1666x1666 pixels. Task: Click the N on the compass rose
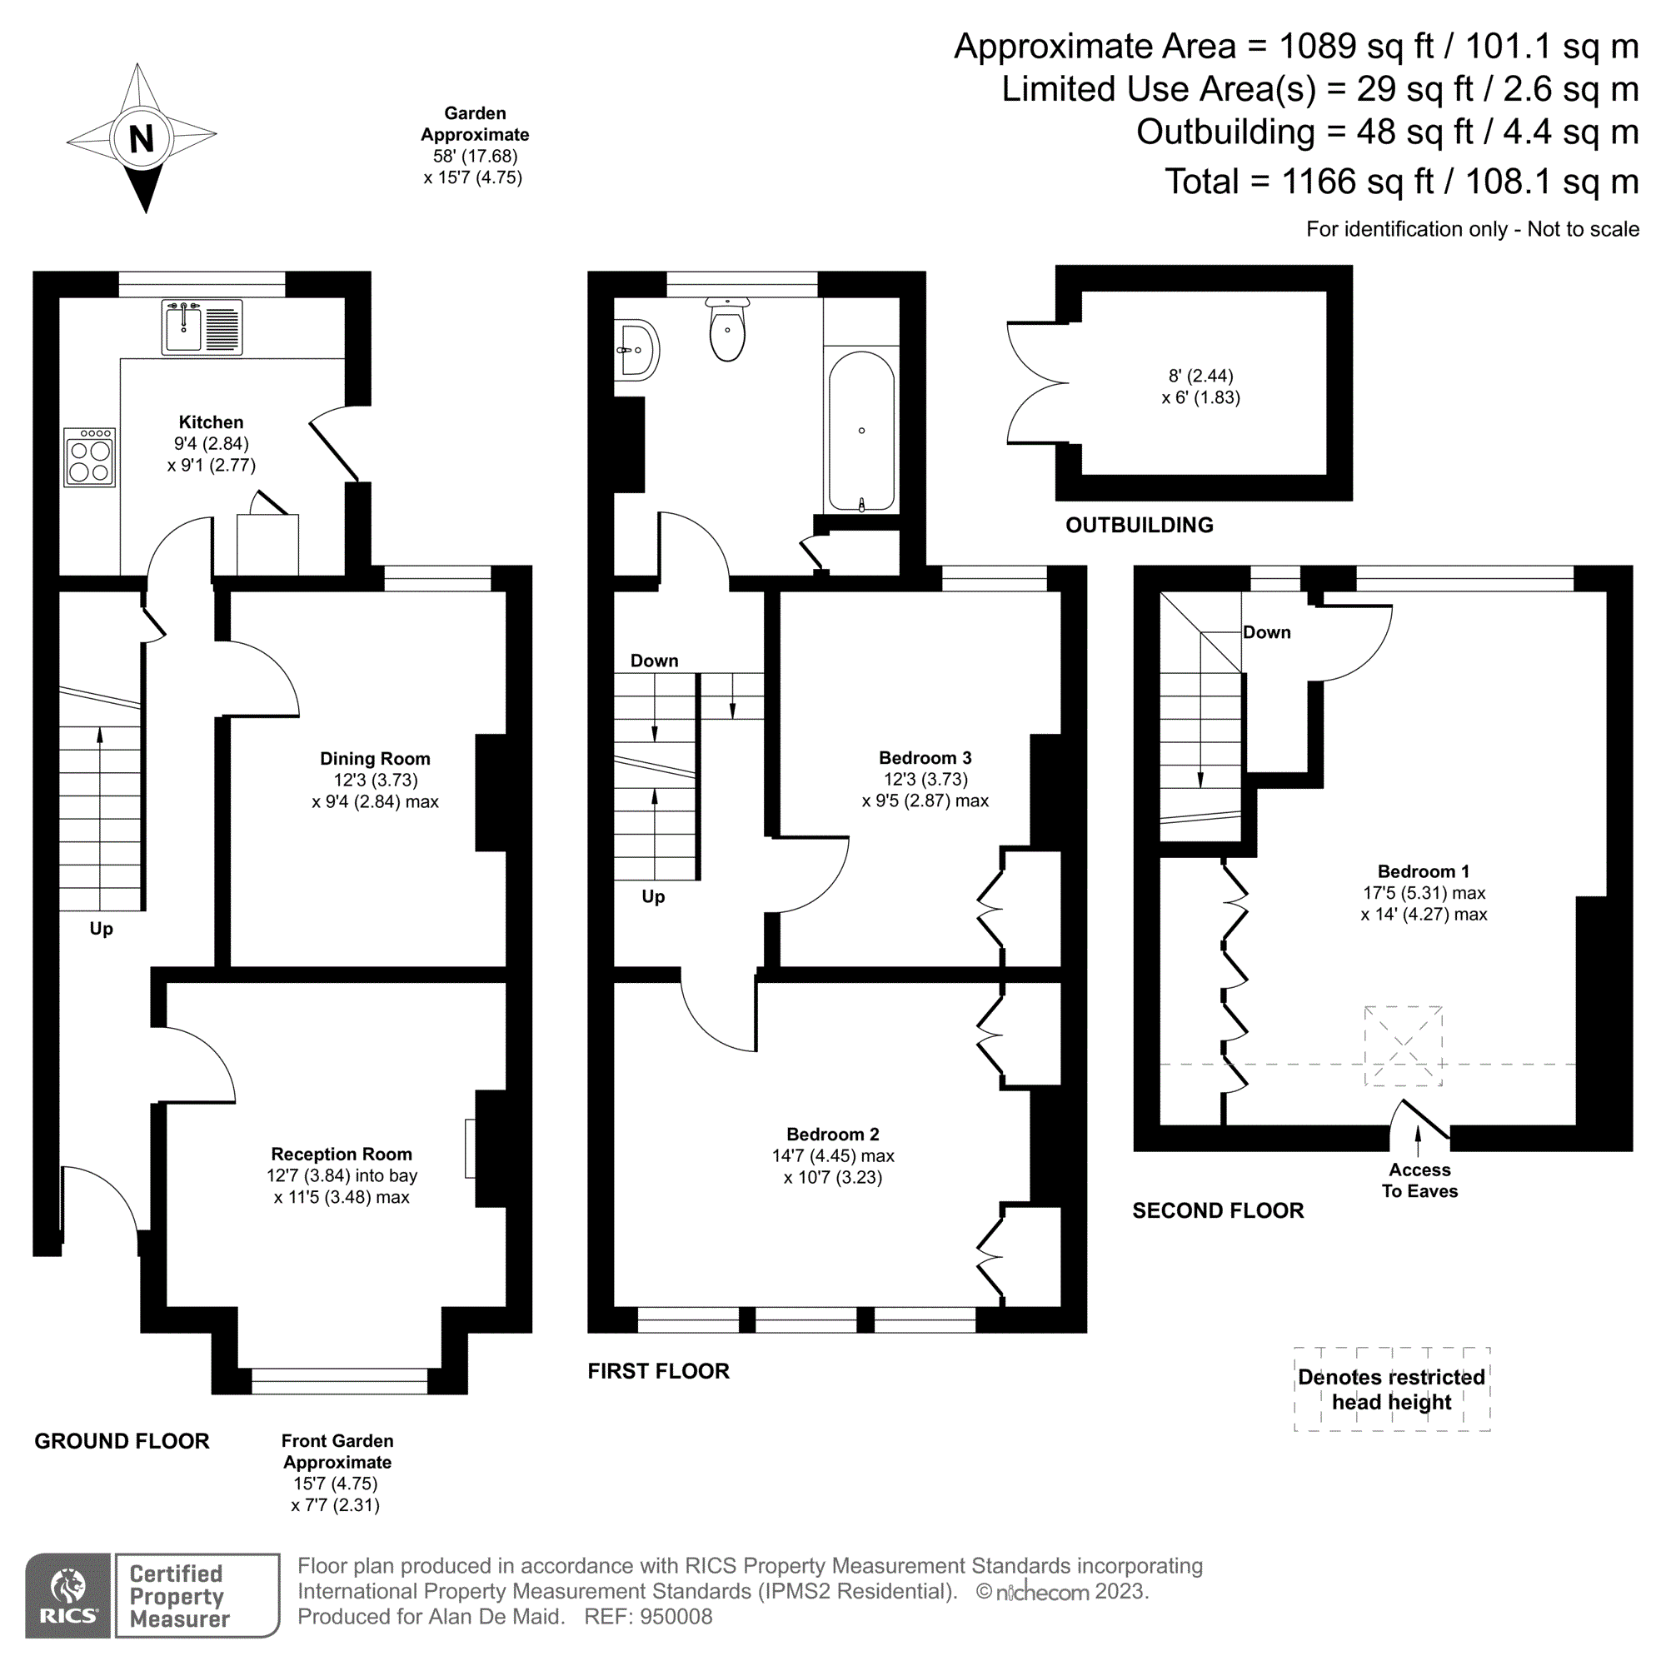coord(141,138)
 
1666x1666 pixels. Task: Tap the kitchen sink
coord(202,327)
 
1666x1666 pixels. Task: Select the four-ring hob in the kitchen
coord(90,458)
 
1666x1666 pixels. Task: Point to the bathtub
coord(860,431)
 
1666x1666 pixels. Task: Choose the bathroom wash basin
coord(636,350)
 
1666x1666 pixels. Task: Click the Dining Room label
coord(374,758)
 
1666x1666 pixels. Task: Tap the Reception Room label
coord(342,1153)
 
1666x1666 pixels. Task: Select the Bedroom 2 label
coord(832,1133)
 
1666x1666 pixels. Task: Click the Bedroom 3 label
coord(925,757)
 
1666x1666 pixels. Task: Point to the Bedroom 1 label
coord(1423,871)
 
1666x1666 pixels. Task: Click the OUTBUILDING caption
coord(1138,524)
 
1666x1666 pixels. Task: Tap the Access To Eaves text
coord(1419,1180)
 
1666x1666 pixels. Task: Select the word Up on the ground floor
coord(101,929)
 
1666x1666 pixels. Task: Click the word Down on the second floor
coord(1266,632)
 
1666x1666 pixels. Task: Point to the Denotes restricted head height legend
coord(1391,1389)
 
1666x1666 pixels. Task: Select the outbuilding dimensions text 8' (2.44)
coord(1200,376)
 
